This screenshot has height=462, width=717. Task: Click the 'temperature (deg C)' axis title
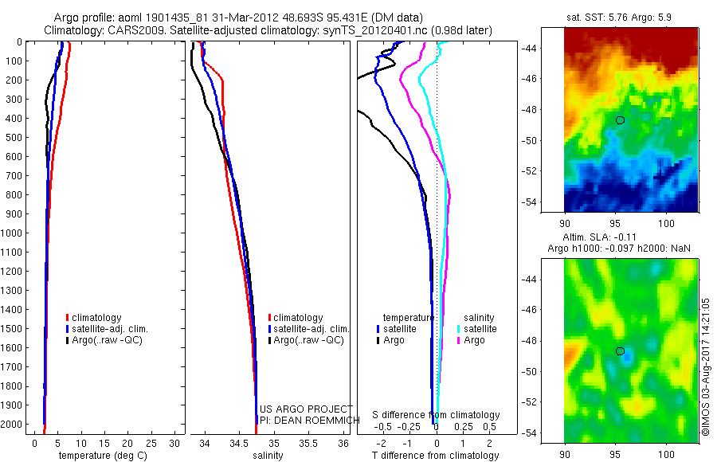pos(101,456)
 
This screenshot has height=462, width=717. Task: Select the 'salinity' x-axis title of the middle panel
pos(268,456)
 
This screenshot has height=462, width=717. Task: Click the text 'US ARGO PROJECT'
pos(306,409)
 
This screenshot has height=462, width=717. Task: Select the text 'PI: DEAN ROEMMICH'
pos(306,420)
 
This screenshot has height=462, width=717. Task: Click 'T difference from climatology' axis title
pos(436,456)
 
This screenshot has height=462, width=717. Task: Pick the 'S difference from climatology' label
pos(437,415)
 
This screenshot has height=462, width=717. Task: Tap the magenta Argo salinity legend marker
pos(459,340)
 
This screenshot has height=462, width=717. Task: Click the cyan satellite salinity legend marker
pos(459,328)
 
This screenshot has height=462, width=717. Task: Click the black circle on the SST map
pos(620,120)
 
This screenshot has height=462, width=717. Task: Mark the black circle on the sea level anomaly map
pos(620,351)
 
